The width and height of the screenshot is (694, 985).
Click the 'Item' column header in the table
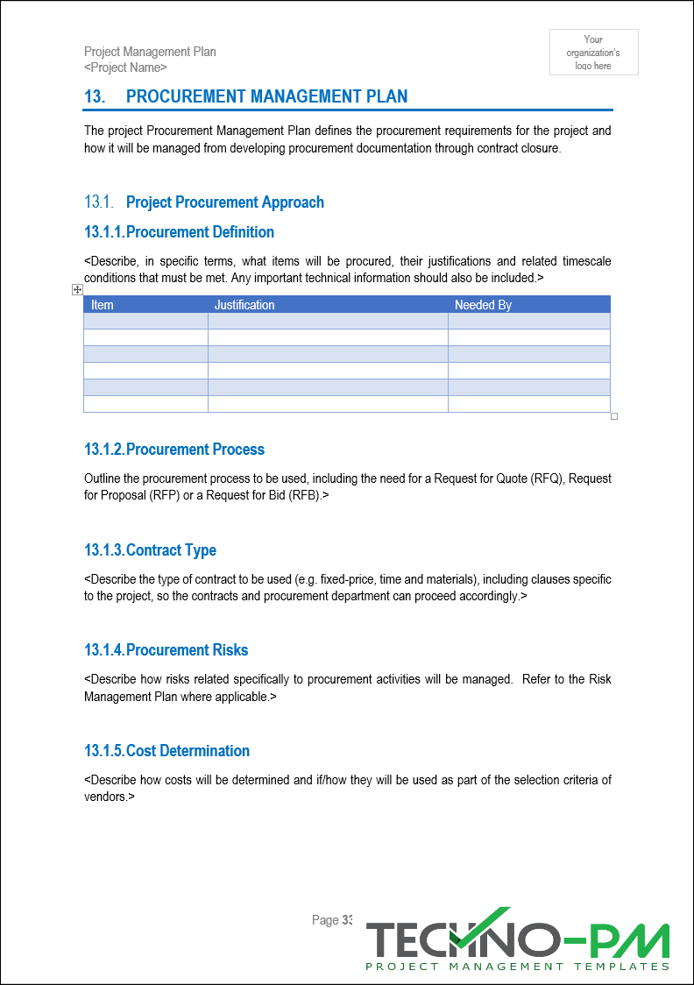tap(103, 305)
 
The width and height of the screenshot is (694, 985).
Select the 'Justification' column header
tap(244, 305)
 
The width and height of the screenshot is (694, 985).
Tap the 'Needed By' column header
tap(483, 305)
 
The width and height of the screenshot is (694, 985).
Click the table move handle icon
tap(77, 290)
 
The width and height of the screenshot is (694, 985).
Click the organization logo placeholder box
tap(593, 53)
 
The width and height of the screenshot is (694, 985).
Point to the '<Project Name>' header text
tap(125, 67)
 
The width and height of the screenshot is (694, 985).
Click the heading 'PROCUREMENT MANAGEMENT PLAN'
tap(266, 96)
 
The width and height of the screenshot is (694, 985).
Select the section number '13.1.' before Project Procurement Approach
tap(99, 202)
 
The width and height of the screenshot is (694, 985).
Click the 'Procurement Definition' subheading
tap(200, 232)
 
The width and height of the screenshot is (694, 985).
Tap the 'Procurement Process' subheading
tap(195, 450)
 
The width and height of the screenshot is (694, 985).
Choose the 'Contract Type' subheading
tap(171, 550)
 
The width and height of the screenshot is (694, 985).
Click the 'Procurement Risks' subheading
tap(187, 650)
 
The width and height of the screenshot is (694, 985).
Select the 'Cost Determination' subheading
tap(188, 751)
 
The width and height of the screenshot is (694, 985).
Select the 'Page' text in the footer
tap(324, 920)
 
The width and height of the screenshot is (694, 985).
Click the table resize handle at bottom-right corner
tap(614, 416)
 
